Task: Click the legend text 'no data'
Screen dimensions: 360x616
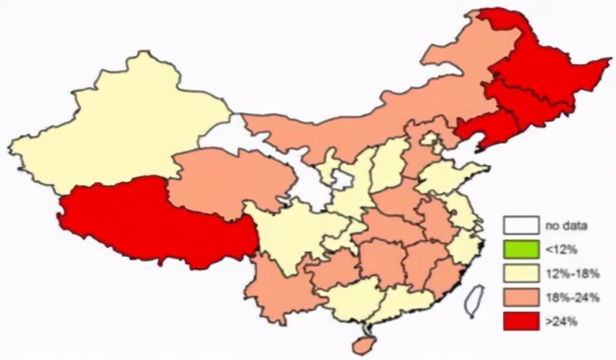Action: point(569,225)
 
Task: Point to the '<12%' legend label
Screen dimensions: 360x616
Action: point(561,249)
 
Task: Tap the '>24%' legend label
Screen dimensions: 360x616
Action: point(561,321)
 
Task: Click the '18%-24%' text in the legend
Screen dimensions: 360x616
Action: point(573,297)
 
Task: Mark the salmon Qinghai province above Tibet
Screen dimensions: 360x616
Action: point(223,180)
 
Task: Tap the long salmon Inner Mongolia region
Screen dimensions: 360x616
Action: point(345,130)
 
